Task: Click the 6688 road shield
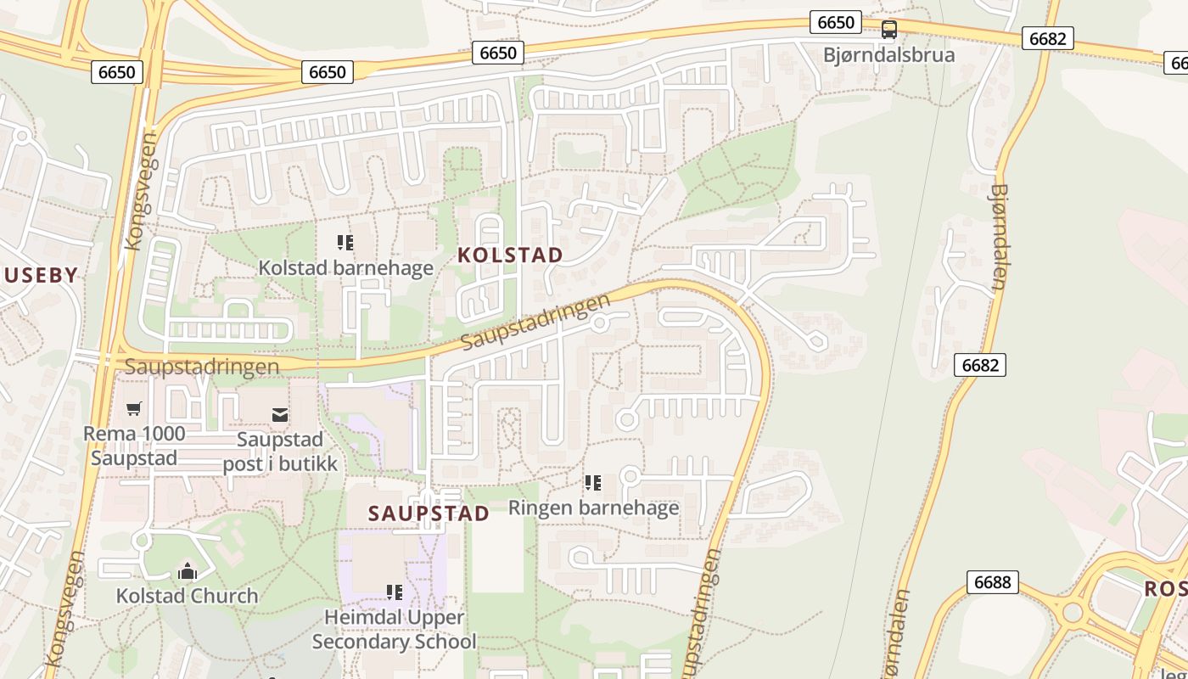[992, 582]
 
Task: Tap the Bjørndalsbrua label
[888, 55]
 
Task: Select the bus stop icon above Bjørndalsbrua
[888, 30]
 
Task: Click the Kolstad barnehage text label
[345, 268]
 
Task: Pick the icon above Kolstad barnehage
[345, 243]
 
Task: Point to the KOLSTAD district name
[510, 255]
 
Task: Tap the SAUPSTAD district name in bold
[429, 513]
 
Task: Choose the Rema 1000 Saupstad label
[134, 446]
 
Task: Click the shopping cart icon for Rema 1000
[133, 410]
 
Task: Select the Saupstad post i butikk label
[280, 452]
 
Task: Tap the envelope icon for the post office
[279, 415]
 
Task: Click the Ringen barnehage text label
[593, 508]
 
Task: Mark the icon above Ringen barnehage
[593, 483]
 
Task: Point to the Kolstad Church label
[187, 596]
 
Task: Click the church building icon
[187, 571]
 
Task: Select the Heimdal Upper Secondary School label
[394, 629]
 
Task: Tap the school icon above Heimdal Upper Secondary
[394, 592]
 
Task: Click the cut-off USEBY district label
[41, 275]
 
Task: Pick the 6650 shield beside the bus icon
[835, 22]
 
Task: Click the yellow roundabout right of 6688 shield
[1073, 612]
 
